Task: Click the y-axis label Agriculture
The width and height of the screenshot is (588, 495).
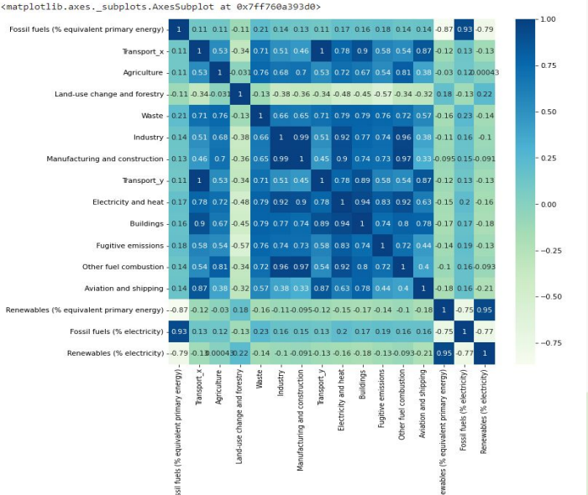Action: [x=143, y=73]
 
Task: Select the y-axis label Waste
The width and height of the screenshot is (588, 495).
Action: [x=151, y=116]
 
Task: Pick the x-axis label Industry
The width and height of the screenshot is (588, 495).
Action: [x=280, y=385]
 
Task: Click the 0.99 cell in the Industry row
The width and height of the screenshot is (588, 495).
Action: [x=301, y=138]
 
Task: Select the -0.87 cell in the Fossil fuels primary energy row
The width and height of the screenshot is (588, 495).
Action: [x=444, y=29]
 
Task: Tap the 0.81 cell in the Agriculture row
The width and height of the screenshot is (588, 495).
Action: [x=403, y=73]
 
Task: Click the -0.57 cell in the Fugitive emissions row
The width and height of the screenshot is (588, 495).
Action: [x=239, y=245]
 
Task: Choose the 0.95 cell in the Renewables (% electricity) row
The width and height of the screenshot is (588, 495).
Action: [x=444, y=352]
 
